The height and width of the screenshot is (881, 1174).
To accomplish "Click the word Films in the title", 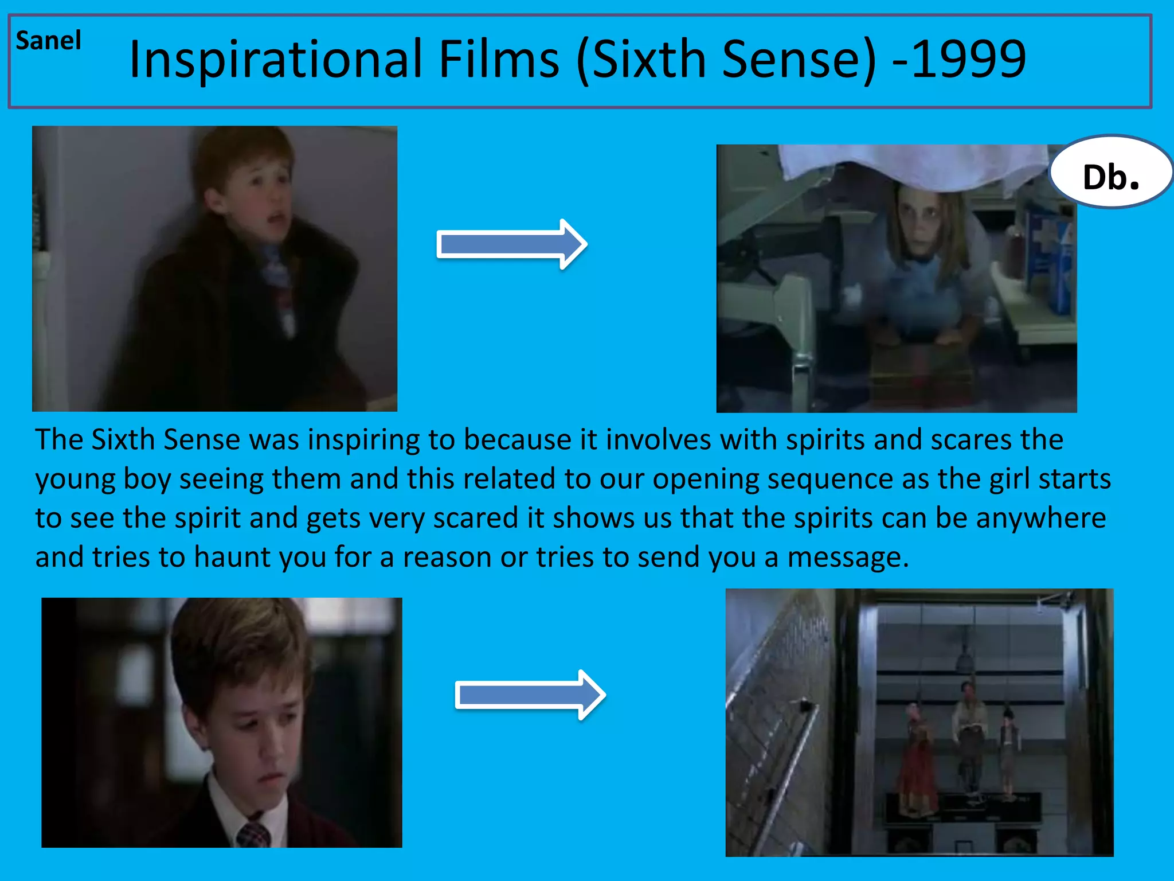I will (x=499, y=59).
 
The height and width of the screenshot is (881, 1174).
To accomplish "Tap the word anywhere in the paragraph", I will (x=1041, y=518).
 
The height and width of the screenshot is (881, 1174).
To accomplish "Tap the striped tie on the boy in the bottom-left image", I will (x=253, y=833).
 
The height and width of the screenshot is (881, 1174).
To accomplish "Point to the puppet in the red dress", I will (x=915, y=763).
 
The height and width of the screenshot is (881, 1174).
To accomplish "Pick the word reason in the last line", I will (x=447, y=558).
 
